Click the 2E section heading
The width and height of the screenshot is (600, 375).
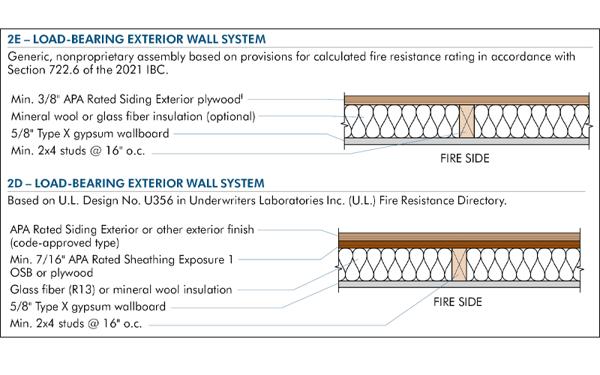pyautogui.click(x=136, y=39)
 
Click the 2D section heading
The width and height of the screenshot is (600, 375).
pyautogui.click(x=136, y=183)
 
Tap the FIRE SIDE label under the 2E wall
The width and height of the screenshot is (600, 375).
pyautogui.click(x=465, y=159)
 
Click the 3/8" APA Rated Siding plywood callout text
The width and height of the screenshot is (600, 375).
pyautogui.click(x=129, y=98)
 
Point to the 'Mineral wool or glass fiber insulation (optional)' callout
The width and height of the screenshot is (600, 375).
pyautogui.click(x=133, y=116)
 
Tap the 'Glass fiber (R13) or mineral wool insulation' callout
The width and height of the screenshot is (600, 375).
pyautogui.click(x=121, y=289)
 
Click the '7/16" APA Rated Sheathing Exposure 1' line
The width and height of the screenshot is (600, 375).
pyautogui.click(x=121, y=259)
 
